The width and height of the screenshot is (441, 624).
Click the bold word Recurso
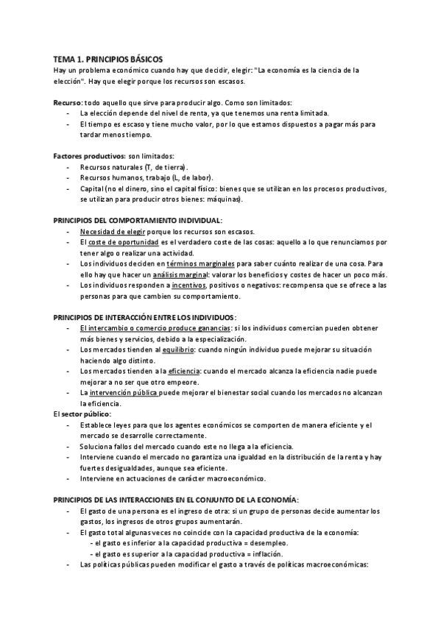click(68, 102)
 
